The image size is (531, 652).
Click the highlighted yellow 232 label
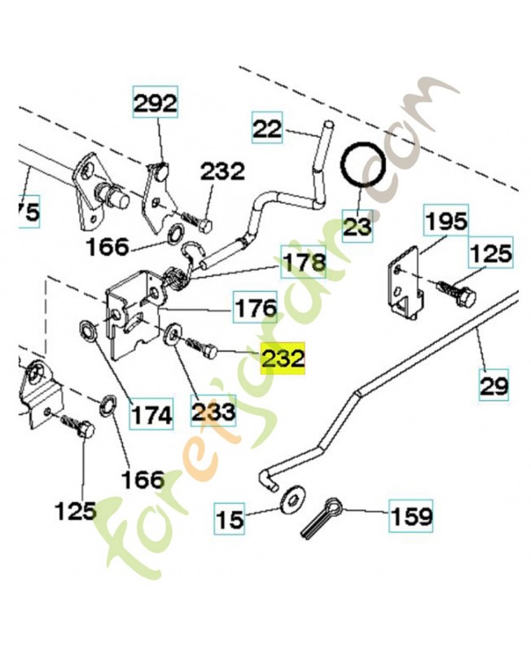tap(283, 359)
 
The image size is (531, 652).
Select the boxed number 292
tap(155, 103)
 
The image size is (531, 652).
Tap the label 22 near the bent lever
tap(267, 128)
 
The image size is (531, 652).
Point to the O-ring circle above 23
tap(363, 165)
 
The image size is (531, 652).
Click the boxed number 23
tap(358, 226)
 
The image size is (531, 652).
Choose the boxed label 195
tap(445, 221)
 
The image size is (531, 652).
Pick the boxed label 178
tap(304, 262)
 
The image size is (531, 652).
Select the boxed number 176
tap(256, 308)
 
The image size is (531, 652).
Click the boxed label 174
tap(151, 414)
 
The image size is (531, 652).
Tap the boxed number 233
tap(213, 411)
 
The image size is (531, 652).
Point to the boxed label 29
tap(494, 385)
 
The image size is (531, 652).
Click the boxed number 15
tap(230, 518)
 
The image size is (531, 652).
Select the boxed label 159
tap(410, 516)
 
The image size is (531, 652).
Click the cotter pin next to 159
tap(319, 518)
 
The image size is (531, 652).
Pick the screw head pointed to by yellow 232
tap(211, 352)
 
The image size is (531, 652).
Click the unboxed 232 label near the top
tap(222, 171)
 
